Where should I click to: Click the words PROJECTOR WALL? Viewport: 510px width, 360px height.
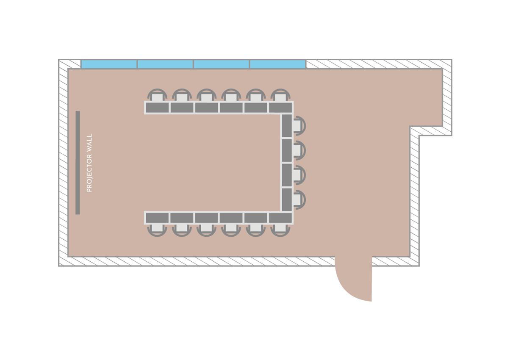coord(89,163)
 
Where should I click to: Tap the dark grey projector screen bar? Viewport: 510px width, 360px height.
coord(78,163)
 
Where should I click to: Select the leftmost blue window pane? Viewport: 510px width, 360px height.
coord(109,64)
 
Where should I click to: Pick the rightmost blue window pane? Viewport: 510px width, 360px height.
coord(277,64)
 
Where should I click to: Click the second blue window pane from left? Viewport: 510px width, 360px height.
coord(165,64)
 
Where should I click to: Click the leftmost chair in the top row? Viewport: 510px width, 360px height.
coord(157,97)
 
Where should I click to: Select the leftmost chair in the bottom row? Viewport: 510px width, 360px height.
coord(157,229)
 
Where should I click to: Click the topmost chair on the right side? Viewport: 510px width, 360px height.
coord(298,126)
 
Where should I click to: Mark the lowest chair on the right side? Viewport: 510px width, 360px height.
coord(298,199)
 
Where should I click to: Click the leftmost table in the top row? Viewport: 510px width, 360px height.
coord(157,108)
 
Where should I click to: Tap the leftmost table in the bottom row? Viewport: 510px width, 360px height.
coord(157,218)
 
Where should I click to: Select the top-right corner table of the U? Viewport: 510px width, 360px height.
coord(280,108)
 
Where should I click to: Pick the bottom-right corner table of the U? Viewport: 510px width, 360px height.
coord(280,218)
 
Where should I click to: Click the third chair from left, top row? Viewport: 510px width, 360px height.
coord(206,97)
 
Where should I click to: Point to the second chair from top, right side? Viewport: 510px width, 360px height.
coord(298,150)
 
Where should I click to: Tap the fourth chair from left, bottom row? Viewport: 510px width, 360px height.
coord(231,229)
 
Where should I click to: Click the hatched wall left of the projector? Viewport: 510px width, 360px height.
coord(63,163)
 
